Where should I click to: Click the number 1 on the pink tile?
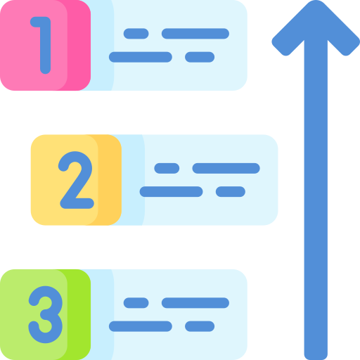tap(45, 45)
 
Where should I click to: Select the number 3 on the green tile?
tap(46, 314)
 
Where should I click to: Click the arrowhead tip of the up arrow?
tap(316, 1)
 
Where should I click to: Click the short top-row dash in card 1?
tap(136, 34)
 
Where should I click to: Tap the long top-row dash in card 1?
tap(195, 34)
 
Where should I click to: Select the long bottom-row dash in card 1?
tap(141, 57)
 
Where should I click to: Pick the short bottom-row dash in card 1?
tap(200, 57)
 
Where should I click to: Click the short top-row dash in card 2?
tap(167, 168)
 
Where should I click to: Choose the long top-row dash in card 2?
tap(226, 168)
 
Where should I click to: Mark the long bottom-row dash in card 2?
tap(171, 192)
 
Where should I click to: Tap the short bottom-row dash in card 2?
tap(231, 192)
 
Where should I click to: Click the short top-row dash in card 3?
tap(136, 303)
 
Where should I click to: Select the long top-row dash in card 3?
tap(195, 303)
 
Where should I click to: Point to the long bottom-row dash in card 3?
tap(141, 326)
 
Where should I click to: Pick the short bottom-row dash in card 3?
tap(200, 326)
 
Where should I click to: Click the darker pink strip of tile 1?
tap(79, 45)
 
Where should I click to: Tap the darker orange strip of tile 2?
tap(110, 180)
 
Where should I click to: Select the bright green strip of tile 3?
tap(79, 314)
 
